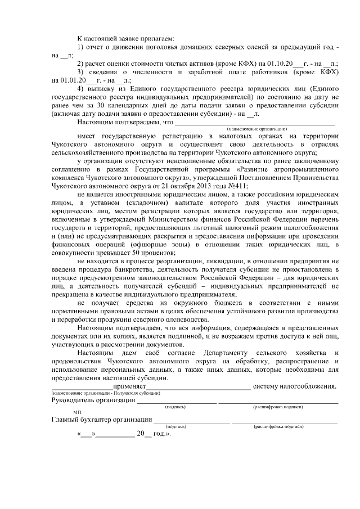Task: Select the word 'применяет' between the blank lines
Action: pyautogui.click(x=129, y=386)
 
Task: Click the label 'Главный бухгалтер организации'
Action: pyautogui.click(x=102, y=419)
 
